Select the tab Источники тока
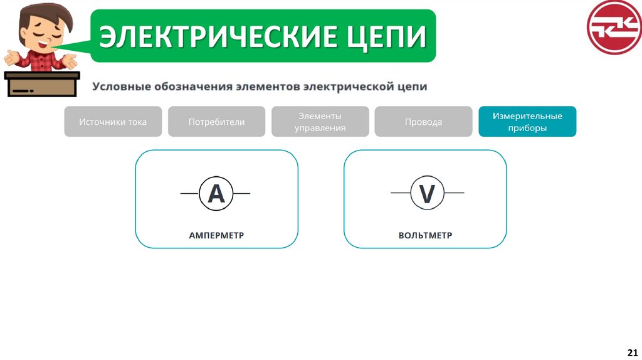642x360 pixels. click(x=113, y=122)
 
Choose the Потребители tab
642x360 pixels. click(x=216, y=122)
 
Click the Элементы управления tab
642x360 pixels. click(x=320, y=122)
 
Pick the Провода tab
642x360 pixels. click(x=423, y=122)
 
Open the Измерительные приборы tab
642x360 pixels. click(x=527, y=122)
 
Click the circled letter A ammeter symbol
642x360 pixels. click(x=216, y=193)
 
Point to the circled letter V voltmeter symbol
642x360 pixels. click(x=427, y=193)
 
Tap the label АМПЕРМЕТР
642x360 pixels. click(x=216, y=236)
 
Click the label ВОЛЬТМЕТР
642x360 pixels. click(x=425, y=236)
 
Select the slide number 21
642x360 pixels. click(x=632, y=351)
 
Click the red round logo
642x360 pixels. click(x=613, y=28)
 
